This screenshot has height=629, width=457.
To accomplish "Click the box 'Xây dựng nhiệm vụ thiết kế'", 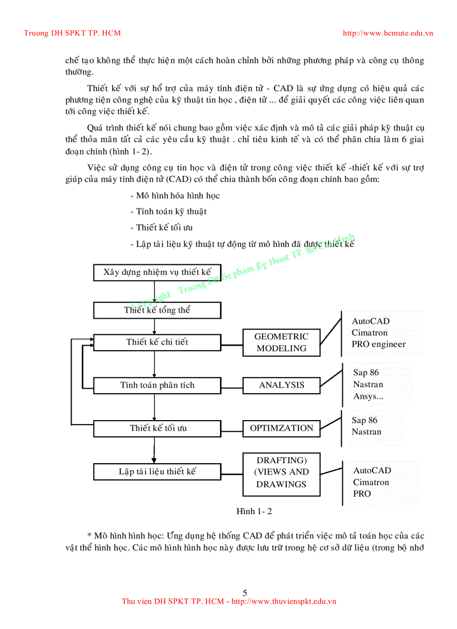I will [x=157, y=273].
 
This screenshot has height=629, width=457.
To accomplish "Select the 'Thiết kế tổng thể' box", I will [x=157, y=310].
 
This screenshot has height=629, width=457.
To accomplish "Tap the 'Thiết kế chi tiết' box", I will [x=157, y=342].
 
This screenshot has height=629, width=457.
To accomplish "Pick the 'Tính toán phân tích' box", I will [x=157, y=385].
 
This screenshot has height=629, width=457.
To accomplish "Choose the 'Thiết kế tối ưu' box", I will [x=157, y=428].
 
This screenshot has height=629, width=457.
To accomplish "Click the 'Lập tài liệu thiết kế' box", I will [x=157, y=472].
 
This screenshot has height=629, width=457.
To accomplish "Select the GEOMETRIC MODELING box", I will [x=281, y=342].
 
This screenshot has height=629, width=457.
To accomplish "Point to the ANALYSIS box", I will [x=281, y=385].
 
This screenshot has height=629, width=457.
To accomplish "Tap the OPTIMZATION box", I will [x=281, y=428].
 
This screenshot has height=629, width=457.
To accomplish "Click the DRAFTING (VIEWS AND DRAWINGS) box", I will [x=281, y=472].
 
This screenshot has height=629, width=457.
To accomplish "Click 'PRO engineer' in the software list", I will [x=379, y=344].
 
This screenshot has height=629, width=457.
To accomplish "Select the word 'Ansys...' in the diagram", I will [x=368, y=397].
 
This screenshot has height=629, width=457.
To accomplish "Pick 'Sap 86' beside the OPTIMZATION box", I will [x=365, y=420].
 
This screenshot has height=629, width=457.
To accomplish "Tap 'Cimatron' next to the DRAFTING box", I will [x=371, y=482].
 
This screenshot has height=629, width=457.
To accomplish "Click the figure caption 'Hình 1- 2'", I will [x=254, y=511].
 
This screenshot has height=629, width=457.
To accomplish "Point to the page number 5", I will [x=245, y=593].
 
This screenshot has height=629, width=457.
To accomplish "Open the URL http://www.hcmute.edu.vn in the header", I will [x=388, y=33].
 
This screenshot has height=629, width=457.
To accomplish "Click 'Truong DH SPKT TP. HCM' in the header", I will [x=72, y=33].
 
